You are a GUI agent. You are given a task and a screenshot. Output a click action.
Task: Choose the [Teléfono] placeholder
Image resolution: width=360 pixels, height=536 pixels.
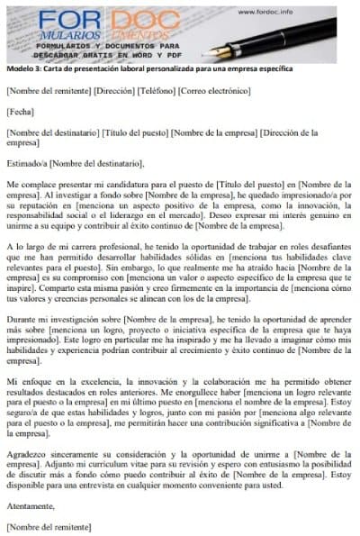(x=164, y=91)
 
